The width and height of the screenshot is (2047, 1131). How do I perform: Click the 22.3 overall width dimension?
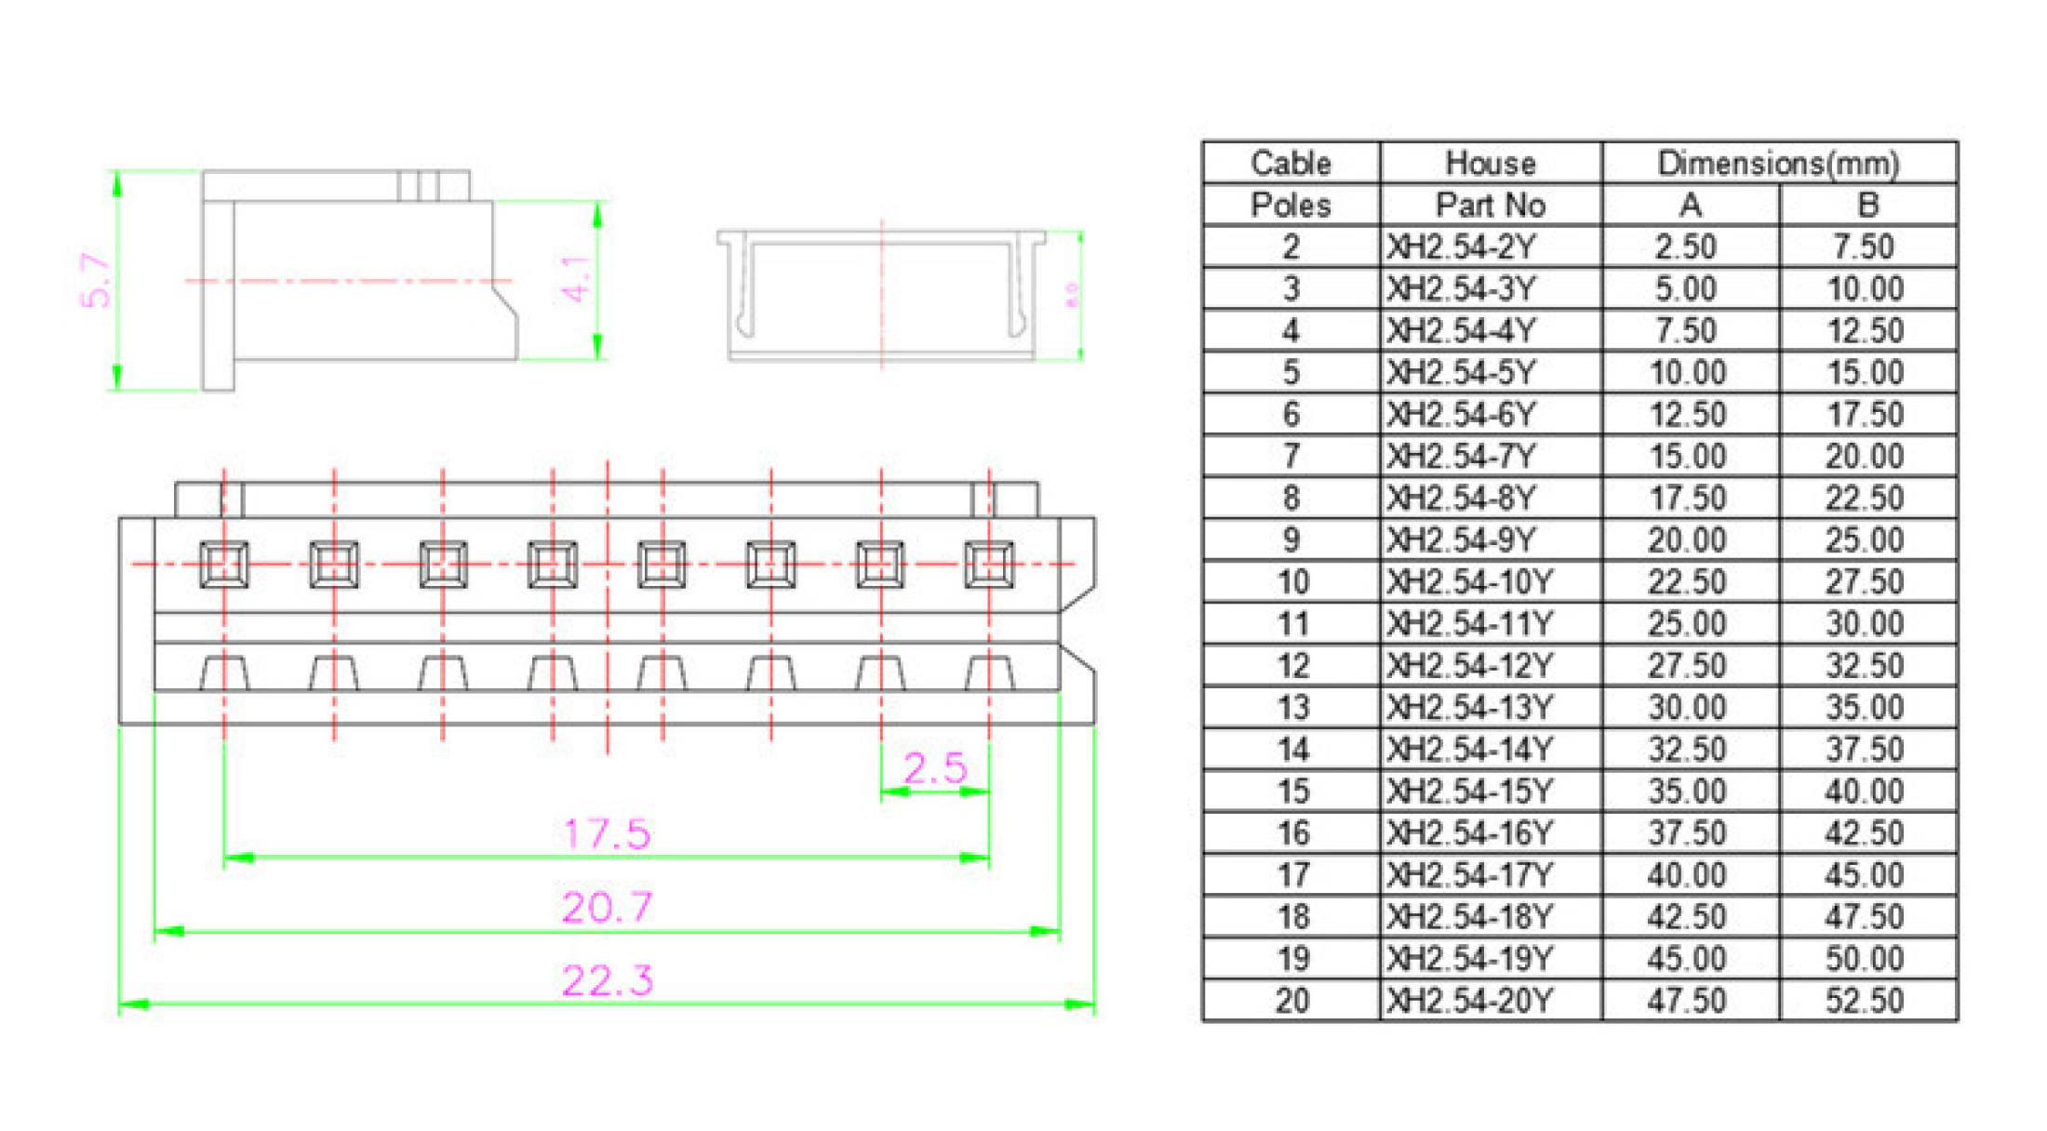[608, 980]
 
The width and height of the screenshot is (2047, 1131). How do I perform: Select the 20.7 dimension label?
[608, 907]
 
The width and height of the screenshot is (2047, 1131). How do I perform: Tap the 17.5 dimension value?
[607, 833]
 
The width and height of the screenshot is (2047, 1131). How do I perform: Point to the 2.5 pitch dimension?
[935, 768]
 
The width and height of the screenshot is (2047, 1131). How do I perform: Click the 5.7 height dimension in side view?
[96, 280]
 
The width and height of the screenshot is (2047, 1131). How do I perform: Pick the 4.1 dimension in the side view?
[576, 279]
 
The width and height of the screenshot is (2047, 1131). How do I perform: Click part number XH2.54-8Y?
[1461, 499]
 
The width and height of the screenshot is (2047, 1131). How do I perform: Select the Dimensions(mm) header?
[1778, 164]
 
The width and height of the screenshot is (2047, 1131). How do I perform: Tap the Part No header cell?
[1490, 205]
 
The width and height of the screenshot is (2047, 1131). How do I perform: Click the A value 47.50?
[1686, 1001]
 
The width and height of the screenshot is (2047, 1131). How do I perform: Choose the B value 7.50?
[1864, 247]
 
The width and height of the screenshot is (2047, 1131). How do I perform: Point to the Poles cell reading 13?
[1292, 708]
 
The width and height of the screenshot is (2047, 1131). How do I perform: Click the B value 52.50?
[1864, 1001]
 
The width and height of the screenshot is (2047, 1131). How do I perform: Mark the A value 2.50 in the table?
[1685, 247]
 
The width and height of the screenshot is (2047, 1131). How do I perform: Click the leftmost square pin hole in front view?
[224, 565]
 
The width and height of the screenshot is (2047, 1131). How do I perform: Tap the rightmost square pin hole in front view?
[989, 565]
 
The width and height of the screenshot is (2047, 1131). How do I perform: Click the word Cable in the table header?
[1291, 164]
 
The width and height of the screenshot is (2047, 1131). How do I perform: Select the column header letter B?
[1867, 205]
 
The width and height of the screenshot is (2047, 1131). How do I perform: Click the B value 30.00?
[1864, 624]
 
